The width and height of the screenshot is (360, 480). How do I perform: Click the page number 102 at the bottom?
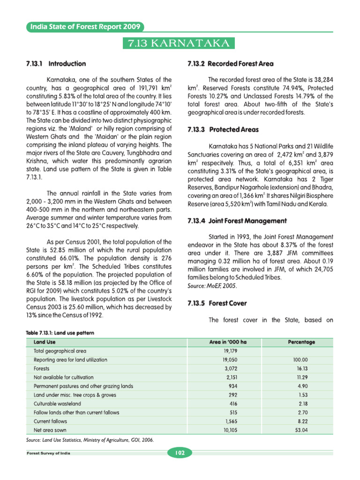(x=180, y=453)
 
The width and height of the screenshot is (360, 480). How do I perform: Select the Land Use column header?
(x=45, y=342)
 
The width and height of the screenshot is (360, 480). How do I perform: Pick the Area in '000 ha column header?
(x=227, y=342)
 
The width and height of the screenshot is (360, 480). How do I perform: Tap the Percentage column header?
(x=301, y=342)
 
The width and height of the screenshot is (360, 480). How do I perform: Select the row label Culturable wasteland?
(x=57, y=404)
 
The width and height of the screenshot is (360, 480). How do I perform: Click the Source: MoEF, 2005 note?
(x=212, y=285)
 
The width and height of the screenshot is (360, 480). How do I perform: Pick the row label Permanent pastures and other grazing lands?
(x=83, y=386)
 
